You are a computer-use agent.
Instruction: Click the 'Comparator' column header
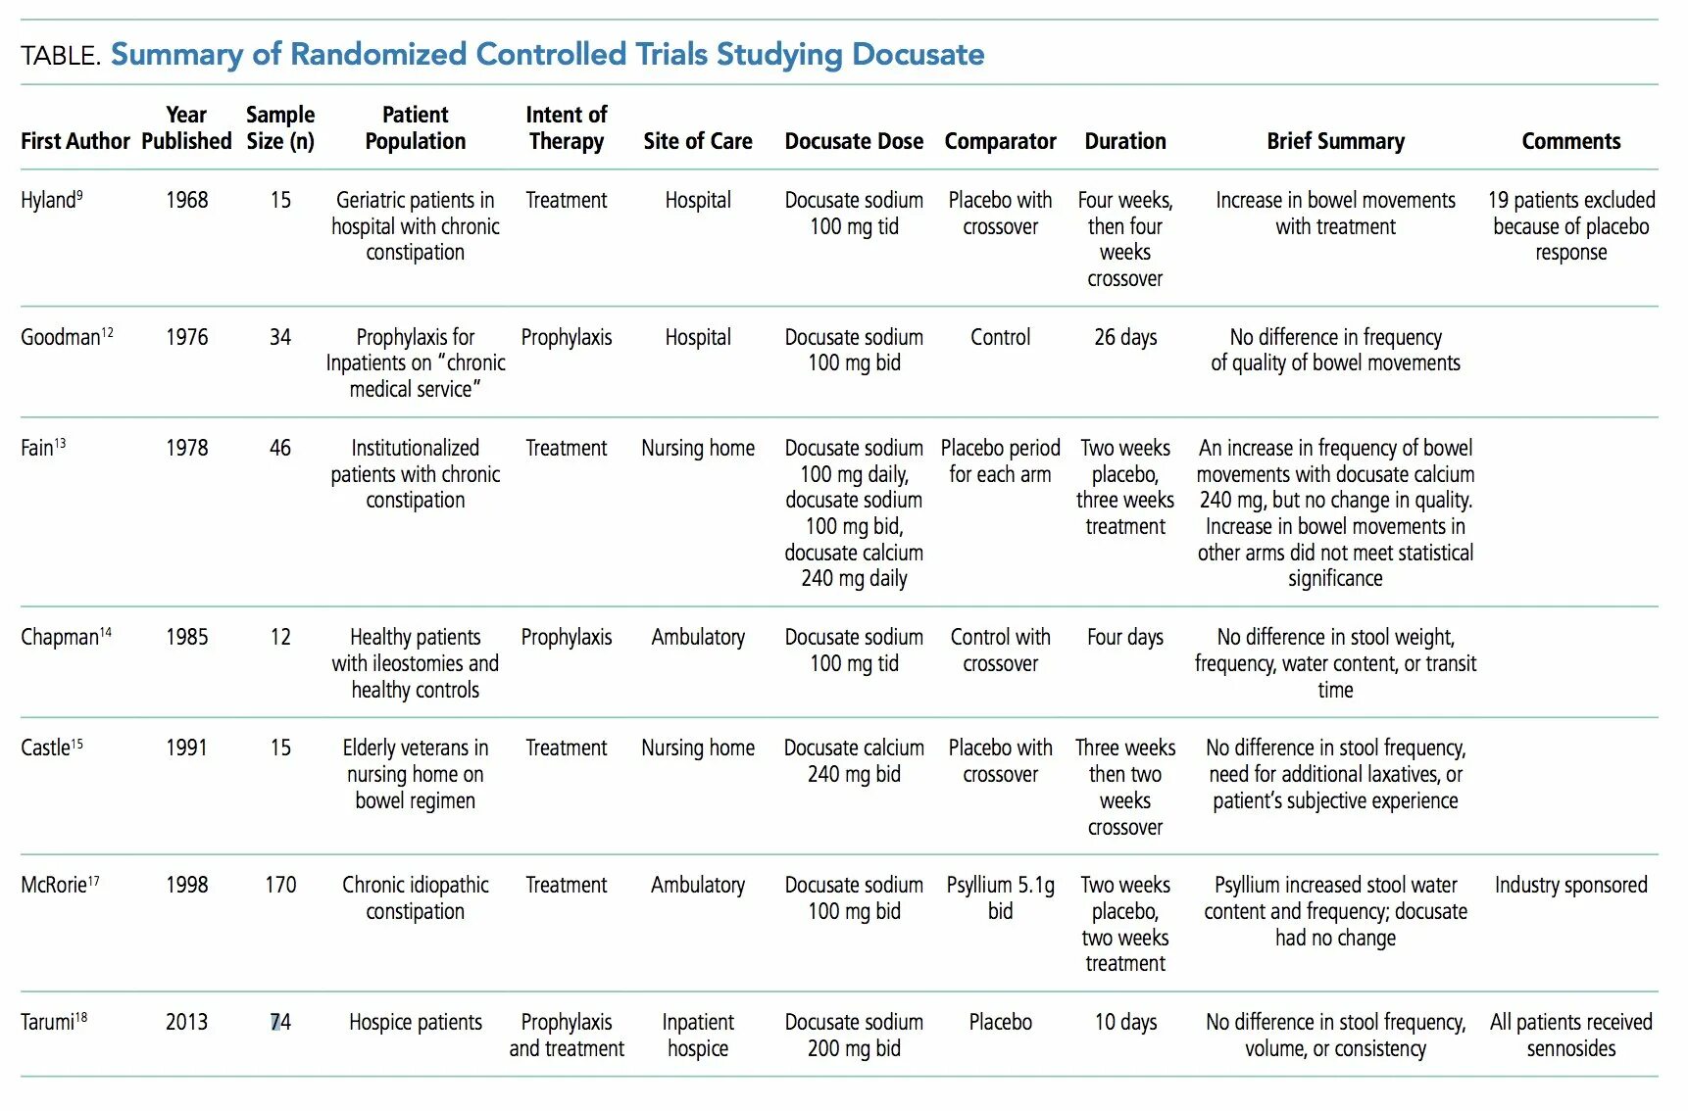click(1000, 141)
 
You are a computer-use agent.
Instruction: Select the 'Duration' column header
click(1124, 141)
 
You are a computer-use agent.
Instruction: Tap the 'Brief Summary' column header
click(1335, 141)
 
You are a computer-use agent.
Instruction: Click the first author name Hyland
click(49, 201)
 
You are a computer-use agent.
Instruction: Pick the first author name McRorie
click(56, 886)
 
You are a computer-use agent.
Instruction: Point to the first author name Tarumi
click(50, 1023)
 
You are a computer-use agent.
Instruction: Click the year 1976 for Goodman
click(186, 338)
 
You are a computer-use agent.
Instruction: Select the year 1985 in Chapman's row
click(186, 638)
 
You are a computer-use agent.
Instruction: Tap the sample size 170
click(280, 886)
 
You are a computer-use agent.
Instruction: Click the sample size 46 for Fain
click(280, 449)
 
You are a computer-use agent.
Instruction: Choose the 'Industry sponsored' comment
click(1570, 886)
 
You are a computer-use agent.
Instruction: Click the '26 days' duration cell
click(1124, 338)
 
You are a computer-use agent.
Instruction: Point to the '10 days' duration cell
click(1124, 1023)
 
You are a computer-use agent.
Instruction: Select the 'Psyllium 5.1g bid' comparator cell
click(1000, 898)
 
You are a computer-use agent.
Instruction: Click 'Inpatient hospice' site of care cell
click(697, 1036)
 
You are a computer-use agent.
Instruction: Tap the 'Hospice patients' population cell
click(415, 1023)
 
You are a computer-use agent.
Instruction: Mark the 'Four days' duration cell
click(1124, 638)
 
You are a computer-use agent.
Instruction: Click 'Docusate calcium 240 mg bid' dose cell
click(853, 761)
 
